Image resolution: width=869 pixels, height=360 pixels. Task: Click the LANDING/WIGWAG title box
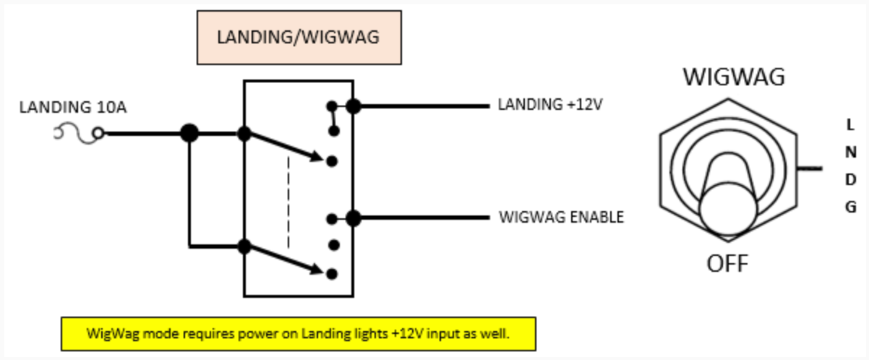click(299, 38)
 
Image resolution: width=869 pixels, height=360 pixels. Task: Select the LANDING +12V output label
click(550, 105)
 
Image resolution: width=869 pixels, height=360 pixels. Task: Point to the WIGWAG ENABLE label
click(561, 217)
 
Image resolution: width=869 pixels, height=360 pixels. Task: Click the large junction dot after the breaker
click(189, 133)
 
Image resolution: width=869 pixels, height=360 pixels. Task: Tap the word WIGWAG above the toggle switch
click(734, 77)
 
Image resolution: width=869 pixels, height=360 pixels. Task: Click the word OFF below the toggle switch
click(727, 263)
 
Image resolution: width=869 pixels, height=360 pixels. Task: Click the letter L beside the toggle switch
click(850, 125)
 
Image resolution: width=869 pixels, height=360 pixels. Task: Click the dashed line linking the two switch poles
click(288, 202)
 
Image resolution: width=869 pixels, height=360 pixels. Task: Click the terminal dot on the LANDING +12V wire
click(353, 106)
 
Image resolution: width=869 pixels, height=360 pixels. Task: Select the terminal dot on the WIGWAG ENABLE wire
click(353, 218)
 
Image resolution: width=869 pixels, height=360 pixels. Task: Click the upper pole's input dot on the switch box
click(244, 133)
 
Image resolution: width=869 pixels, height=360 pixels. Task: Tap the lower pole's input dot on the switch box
click(244, 247)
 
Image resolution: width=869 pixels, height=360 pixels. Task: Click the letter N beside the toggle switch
click(851, 152)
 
